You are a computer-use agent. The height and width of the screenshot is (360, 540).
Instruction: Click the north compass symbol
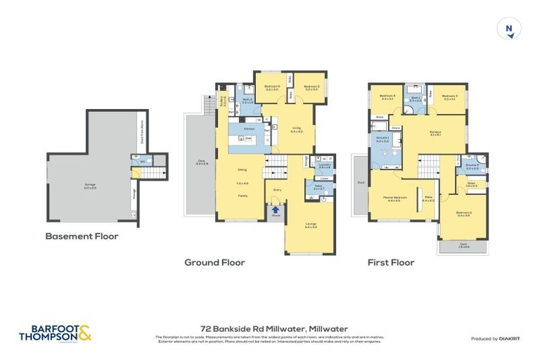point(508,29)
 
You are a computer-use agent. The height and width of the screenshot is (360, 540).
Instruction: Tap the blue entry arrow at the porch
point(276,209)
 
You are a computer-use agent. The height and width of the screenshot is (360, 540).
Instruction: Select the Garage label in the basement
point(90,184)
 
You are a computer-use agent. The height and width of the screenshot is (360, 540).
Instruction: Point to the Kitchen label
point(248,129)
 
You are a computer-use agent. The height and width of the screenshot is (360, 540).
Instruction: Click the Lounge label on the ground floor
point(311,226)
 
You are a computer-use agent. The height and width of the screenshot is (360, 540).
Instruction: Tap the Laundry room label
point(324,166)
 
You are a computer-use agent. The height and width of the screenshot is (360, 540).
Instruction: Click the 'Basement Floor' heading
point(82,237)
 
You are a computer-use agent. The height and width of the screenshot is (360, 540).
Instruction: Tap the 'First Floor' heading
point(391,262)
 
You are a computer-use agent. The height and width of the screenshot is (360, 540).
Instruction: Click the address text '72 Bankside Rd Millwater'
point(269,328)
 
